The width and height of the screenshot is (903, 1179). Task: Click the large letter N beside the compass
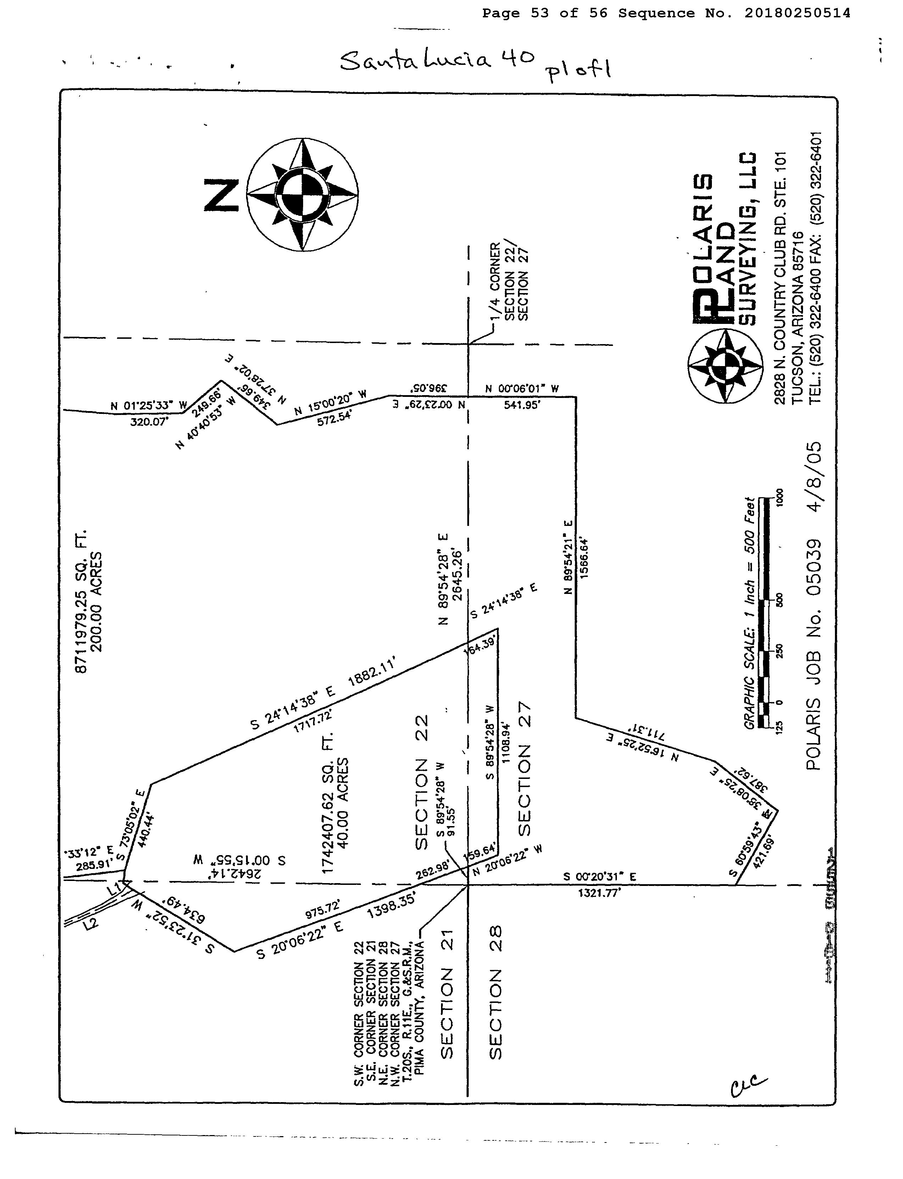pyautogui.click(x=222, y=196)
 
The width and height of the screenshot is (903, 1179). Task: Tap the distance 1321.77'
pyautogui.click(x=599, y=893)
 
